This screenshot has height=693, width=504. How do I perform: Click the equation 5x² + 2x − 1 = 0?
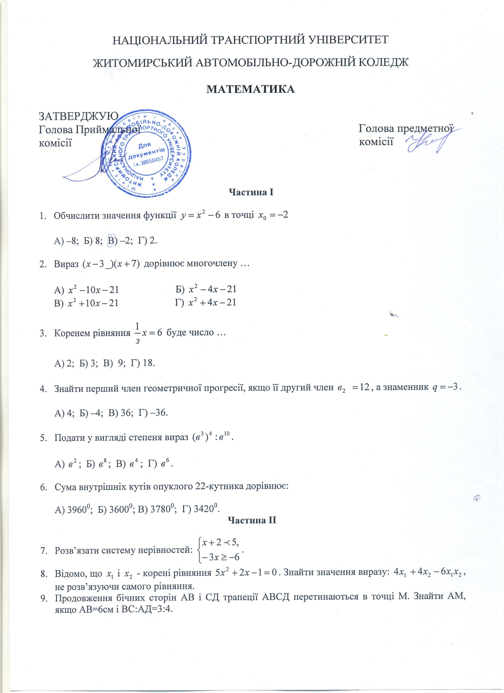[247, 573]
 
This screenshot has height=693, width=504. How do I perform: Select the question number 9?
[44, 598]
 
